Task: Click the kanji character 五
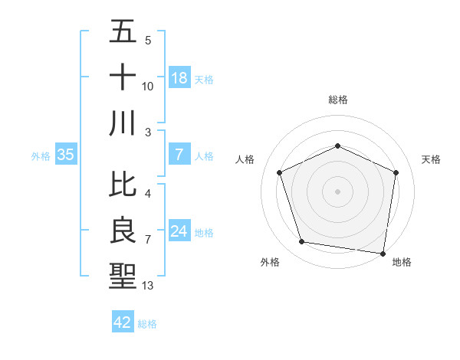(123, 31)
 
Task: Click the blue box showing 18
(179, 78)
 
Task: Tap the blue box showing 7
(179, 155)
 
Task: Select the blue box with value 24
(179, 231)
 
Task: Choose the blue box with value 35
(66, 155)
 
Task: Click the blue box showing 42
(123, 322)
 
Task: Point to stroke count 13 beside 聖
(148, 286)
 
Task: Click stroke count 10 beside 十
(148, 87)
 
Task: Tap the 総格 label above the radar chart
(337, 100)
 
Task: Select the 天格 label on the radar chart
(431, 159)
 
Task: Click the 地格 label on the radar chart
(402, 262)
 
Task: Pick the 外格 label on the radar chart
(270, 262)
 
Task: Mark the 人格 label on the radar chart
(245, 159)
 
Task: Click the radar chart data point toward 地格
(383, 253)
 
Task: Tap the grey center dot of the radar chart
(337, 191)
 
